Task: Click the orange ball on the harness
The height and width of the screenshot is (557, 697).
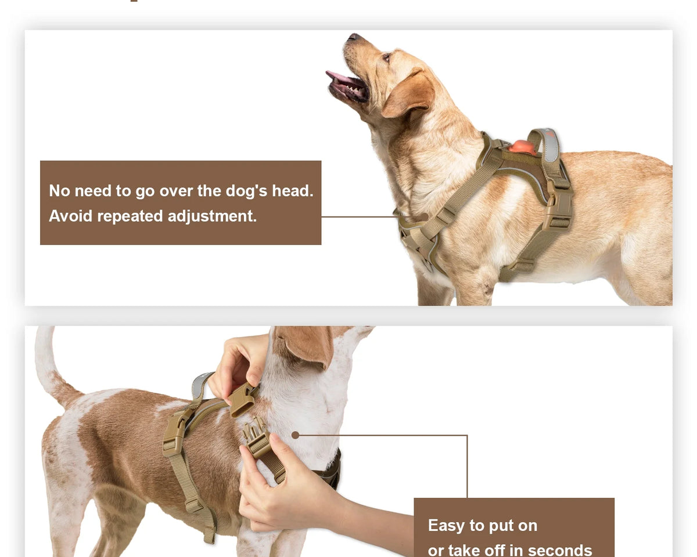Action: click(x=522, y=147)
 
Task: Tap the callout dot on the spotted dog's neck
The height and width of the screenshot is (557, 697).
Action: click(x=295, y=435)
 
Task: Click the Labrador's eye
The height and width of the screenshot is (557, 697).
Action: click(x=386, y=57)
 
